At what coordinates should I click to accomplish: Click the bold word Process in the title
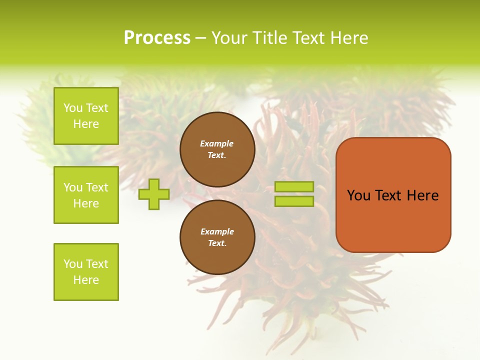point(157,38)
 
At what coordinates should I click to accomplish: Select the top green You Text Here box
point(86,116)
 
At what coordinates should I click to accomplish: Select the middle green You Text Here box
point(86,195)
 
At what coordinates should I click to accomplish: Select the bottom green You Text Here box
point(86,272)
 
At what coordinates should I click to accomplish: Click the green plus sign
point(154,194)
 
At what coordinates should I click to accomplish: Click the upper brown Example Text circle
point(217,149)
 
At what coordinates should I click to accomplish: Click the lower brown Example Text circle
point(217,237)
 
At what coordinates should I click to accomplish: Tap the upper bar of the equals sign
point(294,187)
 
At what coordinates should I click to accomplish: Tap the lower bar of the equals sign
point(294,201)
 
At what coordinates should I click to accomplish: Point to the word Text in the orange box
point(389,195)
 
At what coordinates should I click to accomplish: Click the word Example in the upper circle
point(216,143)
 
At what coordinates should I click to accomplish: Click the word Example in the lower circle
point(217,231)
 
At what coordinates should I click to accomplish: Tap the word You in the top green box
point(73,108)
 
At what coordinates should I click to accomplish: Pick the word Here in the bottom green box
point(86,280)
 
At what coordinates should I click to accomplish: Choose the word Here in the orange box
point(422,195)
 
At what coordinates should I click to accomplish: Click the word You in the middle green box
point(73,187)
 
